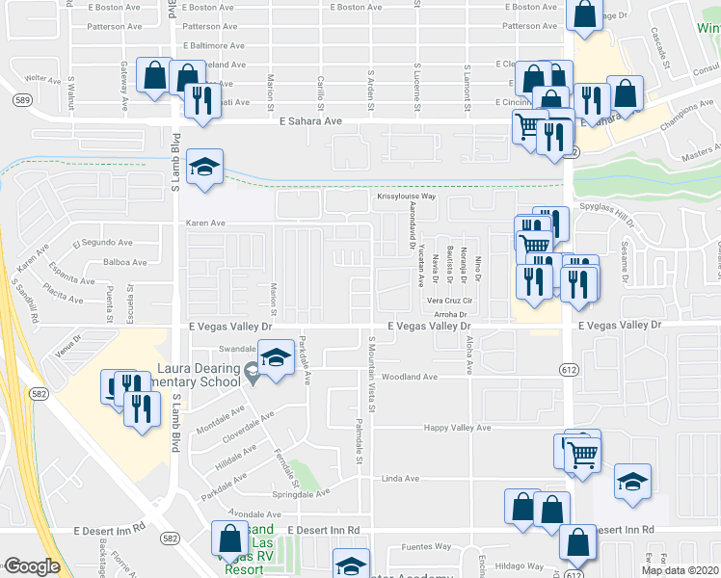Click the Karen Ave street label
[x=205, y=223]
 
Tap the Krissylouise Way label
[x=406, y=197]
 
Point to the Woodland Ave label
[x=410, y=377]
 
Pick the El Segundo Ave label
[x=94, y=242]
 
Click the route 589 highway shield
[x=22, y=99]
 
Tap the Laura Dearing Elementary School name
[x=200, y=375]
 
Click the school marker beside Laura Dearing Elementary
[x=276, y=358]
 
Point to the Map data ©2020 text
[x=680, y=570]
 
